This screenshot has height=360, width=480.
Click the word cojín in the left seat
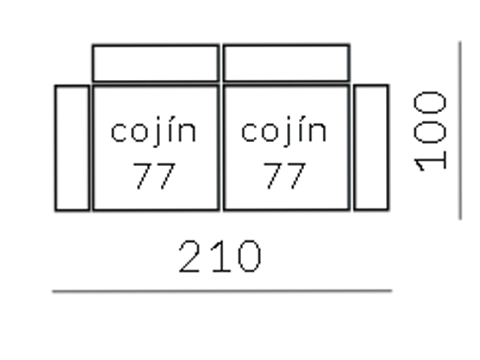[154, 130]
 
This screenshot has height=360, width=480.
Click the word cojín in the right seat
[284, 130]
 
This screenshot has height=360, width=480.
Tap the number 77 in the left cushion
[154, 176]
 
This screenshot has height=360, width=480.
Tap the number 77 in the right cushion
[284, 176]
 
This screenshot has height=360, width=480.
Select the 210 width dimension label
[220, 257]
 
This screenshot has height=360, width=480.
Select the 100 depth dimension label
[430, 131]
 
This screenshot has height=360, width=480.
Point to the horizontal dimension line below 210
[222, 291]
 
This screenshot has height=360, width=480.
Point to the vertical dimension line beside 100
[460, 130]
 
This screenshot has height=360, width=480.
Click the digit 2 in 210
[191, 257]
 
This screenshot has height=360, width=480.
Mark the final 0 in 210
[250, 257]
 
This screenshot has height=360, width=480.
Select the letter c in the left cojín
[118, 132]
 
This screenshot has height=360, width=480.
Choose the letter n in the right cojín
[319, 132]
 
